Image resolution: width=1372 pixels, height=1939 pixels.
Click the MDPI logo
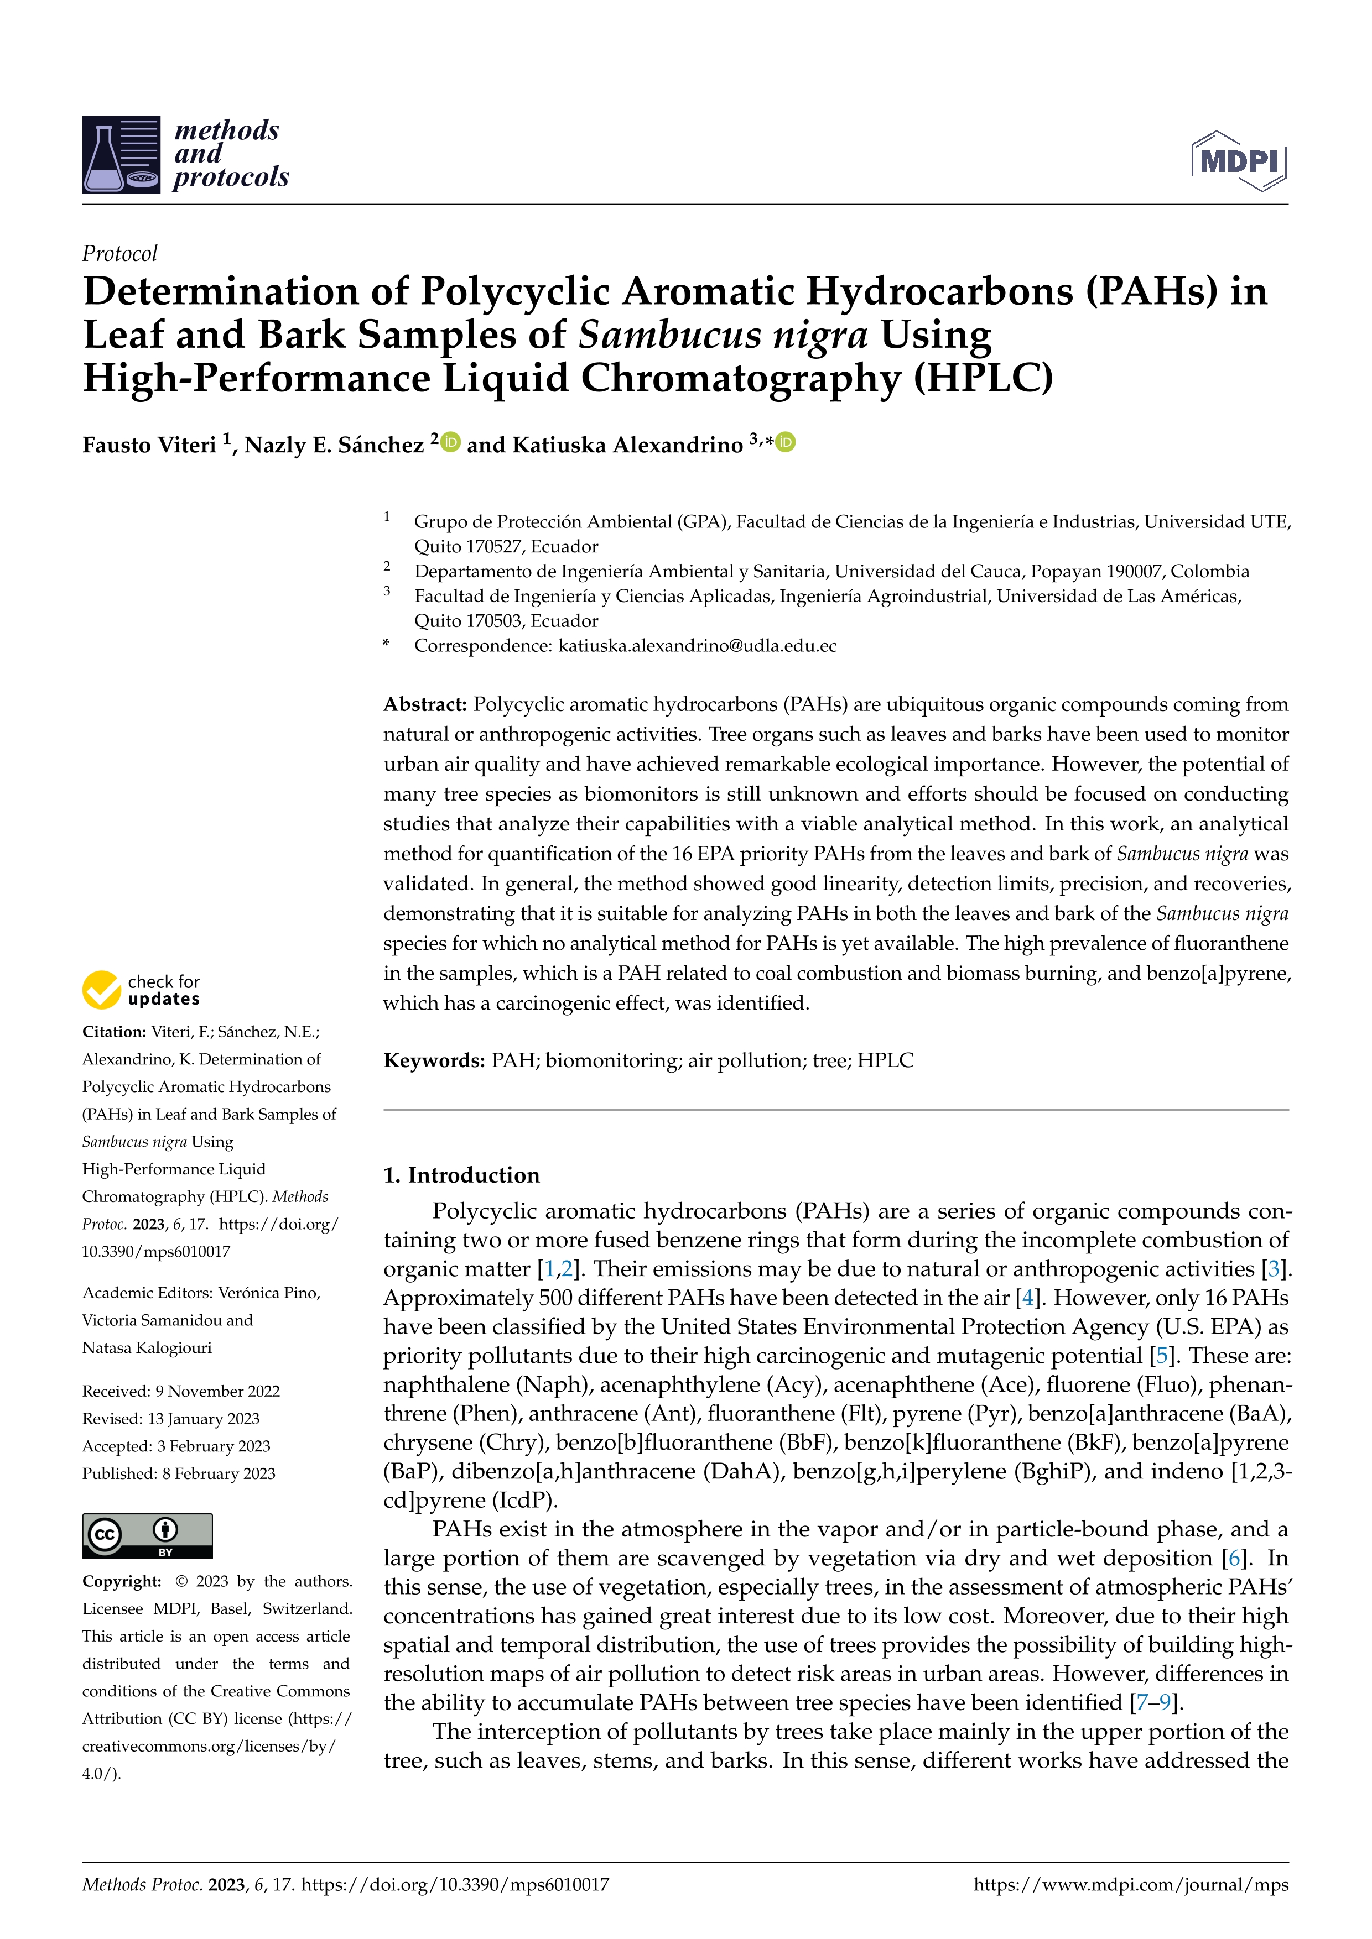[x=1239, y=160]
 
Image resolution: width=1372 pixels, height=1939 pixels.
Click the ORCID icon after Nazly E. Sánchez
[x=451, y=442]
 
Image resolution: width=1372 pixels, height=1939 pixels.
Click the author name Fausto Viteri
[x=149, y=445]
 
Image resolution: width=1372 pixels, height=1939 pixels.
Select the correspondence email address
[x=697, y=646]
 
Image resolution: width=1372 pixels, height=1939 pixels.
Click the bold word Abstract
[x=425, y=704]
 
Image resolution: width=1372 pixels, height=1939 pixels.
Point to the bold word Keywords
[x=433, y=1060]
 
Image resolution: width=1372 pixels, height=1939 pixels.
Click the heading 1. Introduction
[x=461, y=1175]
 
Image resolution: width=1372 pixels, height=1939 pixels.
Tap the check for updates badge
[x=141, y=990]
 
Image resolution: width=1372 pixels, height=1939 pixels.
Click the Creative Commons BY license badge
[x=147, y=1535]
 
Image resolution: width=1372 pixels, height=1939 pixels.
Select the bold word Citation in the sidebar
[x=113, y=1032]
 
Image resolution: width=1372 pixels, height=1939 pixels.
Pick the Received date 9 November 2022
[x=181, y=1391]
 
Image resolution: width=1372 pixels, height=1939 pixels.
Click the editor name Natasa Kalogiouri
[x=147, y=1348]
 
